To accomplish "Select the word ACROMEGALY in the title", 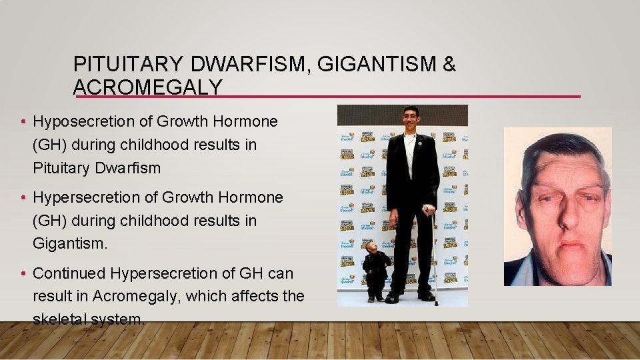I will (x=147, y=87).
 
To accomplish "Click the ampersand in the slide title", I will (x=449, y=65).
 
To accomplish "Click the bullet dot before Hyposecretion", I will (x=23, y=122).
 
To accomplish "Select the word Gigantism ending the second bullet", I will (x=69, y=243).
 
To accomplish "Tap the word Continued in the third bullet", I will (x=69, y=273).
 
